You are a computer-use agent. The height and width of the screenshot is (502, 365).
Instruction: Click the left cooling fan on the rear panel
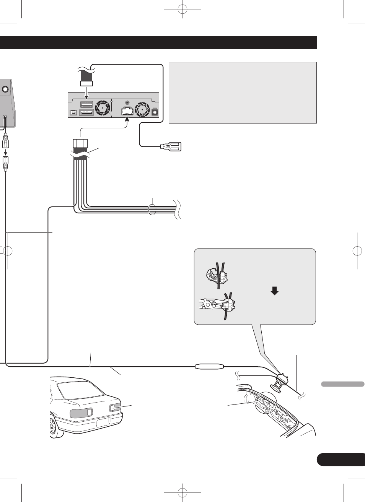click(x=103, y=108)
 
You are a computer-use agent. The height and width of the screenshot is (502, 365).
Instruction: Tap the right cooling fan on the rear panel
click(x=142, y=109)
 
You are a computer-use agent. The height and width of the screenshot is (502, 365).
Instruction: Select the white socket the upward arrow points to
click(x=127, y=111)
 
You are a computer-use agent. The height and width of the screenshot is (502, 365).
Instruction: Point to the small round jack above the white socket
click(x=127, y=103)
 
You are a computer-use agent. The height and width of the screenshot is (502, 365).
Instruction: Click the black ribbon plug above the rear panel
click(x=86, y=79)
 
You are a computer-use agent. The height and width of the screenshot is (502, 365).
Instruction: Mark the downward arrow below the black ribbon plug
click(x=86, y=93)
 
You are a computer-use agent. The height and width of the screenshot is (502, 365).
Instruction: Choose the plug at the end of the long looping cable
click(x=171, y=146)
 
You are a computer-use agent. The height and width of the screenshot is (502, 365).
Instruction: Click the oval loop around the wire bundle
click(x=152, y=210)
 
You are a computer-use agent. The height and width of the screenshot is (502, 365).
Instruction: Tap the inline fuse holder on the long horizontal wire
click(x=209, y=366)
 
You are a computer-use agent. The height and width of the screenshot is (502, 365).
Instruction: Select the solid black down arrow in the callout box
click(x=274, y=291)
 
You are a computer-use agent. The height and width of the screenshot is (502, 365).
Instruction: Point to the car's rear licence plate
click(x=103, y=422)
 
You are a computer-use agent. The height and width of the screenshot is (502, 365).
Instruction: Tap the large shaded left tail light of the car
click(x=81, y=413)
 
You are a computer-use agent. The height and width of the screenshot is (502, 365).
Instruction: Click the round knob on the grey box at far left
click(x=5, y=89)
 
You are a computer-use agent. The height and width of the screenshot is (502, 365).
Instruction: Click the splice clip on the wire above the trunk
click(x=282, y=379)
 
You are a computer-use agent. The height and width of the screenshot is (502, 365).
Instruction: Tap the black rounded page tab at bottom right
click(x=341, y=459)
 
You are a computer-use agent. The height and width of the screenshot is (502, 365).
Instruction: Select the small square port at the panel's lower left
click(x=73, y=113)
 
